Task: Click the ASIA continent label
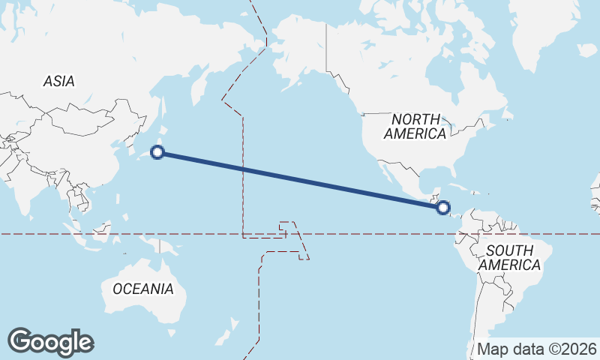pyautogui.click(x=58, y=82)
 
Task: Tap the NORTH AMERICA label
pyautogui.click(x=415, y=126)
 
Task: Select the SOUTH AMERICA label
pyautogui.click(x=509, y=257)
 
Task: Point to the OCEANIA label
pyautogui.click(x=142, y=289)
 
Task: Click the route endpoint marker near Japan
pyautogui.click(x=157, y=152)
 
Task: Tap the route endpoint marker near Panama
pyautogui.click(x=443, y=207)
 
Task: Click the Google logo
pyautogui.click(x=50, y=342)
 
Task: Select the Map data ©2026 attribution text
pyautogui.click(x=537, y=349)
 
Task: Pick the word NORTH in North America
pyautogui.click(x=414, y=118)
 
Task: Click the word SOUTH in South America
pyautogui.click(x=509, y=250)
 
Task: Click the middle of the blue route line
pyautogui.click(x=300, y=180)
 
